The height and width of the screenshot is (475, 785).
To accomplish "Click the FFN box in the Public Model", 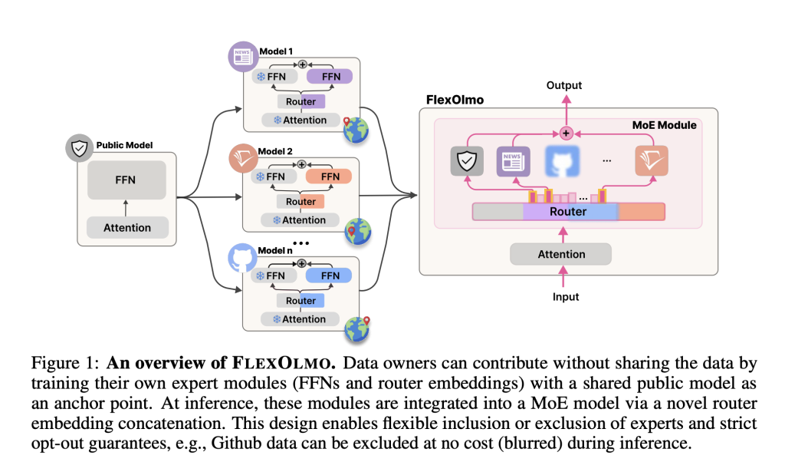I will (126, 180).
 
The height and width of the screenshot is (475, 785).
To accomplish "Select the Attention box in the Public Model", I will (126, 227).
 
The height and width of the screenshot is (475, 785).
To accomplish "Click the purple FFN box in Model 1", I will (330, 76).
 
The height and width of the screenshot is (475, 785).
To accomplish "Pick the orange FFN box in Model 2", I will (330, 176).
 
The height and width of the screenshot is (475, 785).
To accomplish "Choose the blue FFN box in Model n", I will (329, 275).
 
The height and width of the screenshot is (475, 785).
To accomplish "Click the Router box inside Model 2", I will (301, 202).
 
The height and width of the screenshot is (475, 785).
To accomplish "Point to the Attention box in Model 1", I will (300, 120).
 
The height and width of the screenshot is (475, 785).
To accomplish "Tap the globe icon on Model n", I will (356, 328).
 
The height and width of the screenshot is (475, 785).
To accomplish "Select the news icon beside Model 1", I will (243, 56).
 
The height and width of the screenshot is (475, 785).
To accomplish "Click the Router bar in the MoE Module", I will (569, 212).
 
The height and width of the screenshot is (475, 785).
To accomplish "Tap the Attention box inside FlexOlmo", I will (561, 254).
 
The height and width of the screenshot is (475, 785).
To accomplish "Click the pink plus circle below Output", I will (567, 133).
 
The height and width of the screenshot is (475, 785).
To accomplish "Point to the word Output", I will (563, 86).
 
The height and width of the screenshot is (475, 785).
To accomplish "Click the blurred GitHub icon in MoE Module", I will (561, 162).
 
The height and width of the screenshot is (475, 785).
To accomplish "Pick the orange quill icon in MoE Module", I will (652, 162).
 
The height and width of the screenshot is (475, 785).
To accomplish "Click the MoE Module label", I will (664, 125).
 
